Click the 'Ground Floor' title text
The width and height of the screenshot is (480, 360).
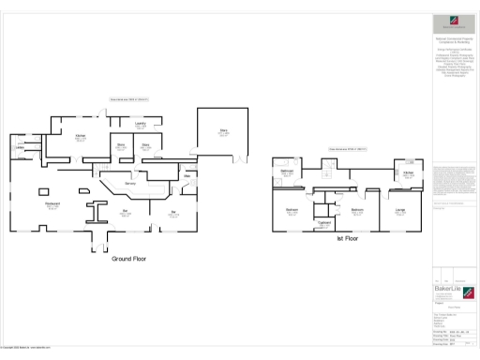[x=129, y=258]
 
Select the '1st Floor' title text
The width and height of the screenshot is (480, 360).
[x=348, y=239]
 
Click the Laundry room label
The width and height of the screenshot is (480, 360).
[x=139, y=123]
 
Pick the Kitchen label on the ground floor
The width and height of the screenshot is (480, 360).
[x=81, y=136]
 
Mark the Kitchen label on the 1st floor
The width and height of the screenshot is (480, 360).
[x=409, y=173]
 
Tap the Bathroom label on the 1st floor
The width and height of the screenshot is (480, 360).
[x=286, y=172]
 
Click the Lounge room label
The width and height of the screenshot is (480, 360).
[x=400, y=210]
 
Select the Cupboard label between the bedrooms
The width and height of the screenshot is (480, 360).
[x=324, y=222]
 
